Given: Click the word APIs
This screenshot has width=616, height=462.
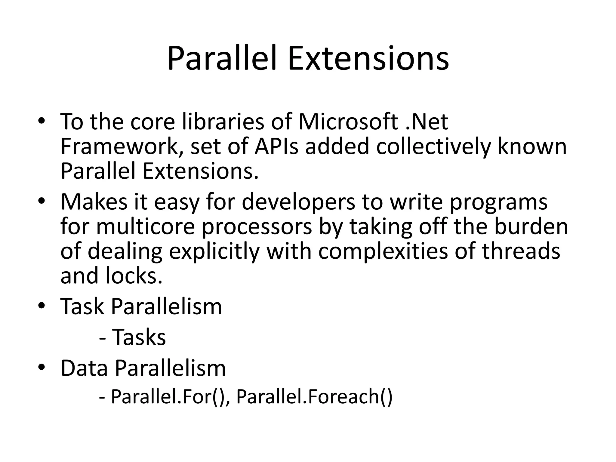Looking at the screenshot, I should (x=276, y=146).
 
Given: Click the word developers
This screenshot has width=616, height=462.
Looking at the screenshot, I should (x=299, y=202).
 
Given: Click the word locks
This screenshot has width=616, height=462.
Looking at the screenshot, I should (x=134, y=276).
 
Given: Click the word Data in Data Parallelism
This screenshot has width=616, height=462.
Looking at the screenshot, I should (x=84, y=368).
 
